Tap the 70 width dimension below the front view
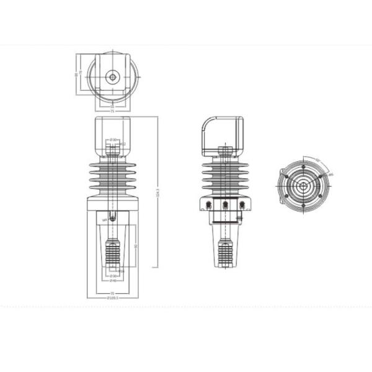(113, 292)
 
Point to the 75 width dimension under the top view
(112, 111)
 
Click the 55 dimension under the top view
(112, 106)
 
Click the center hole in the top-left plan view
(112, 77)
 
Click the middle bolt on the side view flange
(226, 205)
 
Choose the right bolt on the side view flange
(242, 205)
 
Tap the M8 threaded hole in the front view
(112, 217)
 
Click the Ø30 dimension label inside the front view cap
(112, 139)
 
